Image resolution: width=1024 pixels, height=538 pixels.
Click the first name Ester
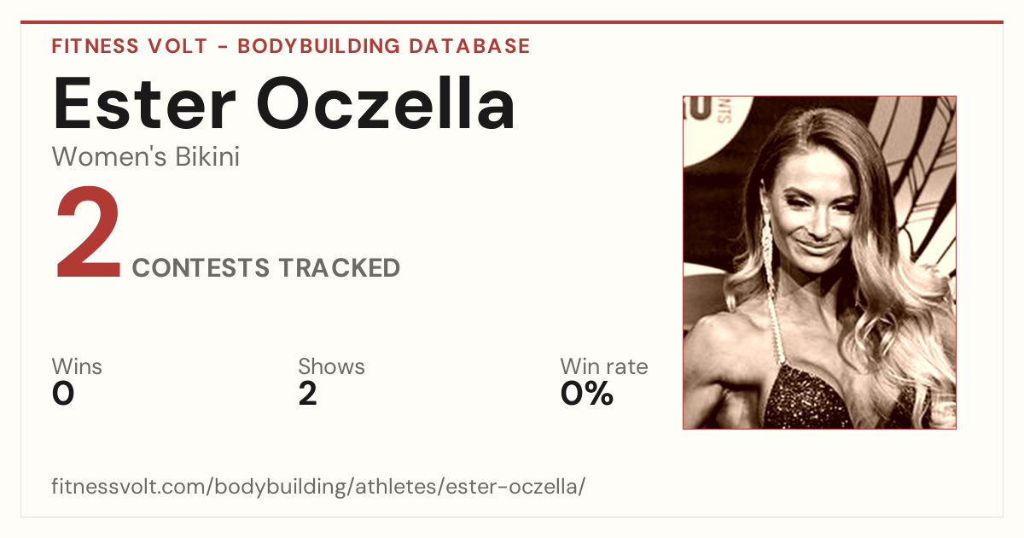coord(144,103)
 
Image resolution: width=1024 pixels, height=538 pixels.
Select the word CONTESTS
coord(201,267)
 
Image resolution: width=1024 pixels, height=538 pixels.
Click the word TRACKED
coord(340,267)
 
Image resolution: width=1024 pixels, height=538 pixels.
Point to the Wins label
coord(77,366)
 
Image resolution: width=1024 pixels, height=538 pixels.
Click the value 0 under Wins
coord(63,394)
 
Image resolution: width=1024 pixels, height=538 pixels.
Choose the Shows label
coord(331,366)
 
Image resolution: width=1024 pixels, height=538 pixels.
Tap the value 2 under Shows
coord(308,394)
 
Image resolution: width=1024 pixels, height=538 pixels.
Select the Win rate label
coord(604,366)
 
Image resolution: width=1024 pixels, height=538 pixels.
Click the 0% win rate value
coord(587,394)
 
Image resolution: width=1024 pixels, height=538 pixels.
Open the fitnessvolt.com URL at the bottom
coord(318,486)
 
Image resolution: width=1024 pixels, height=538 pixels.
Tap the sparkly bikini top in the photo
coord(818,398)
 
